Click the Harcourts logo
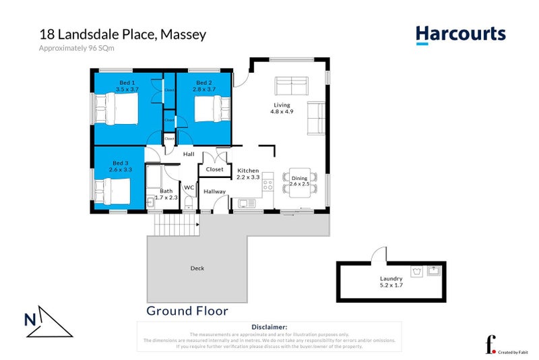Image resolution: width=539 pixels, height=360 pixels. pos(460,34)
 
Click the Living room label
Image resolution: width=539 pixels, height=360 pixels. pos(282,107)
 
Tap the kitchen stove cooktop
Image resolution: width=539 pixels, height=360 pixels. pos(267,182)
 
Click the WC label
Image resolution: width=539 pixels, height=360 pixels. pos(189,187)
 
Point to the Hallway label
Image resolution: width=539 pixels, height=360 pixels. pos(214,191)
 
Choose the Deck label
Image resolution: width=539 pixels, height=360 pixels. pos(197,268)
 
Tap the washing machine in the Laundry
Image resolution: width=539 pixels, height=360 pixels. pos(416,272)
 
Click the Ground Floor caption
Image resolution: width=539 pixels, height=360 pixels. pos(187,311)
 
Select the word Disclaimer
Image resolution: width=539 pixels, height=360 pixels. pos(269,326)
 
